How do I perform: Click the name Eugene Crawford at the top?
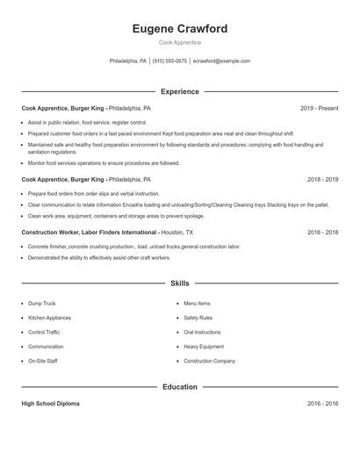coord(179,29)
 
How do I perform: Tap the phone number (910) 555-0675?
coord(169,61)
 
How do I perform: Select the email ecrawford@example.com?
coord(221,61)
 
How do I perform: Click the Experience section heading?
coord(179,91)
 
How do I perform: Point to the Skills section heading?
coord(179,283)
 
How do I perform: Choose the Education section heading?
coord(179,386)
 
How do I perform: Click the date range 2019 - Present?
coord(319,108)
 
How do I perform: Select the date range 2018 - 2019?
coord(322,179)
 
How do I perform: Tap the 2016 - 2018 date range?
coord(322,232)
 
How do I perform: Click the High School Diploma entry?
coord(50,404)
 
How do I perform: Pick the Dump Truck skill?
coord(42,304)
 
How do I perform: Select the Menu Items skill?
coord(197,304)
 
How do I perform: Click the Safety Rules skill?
coord(198,318)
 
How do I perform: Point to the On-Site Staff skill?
coord(43,361)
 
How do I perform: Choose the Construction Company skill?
coord(209,361)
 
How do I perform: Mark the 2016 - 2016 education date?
coord(322,404)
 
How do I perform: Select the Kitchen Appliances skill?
coord(49,318)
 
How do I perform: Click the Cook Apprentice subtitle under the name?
coord(179,42)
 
